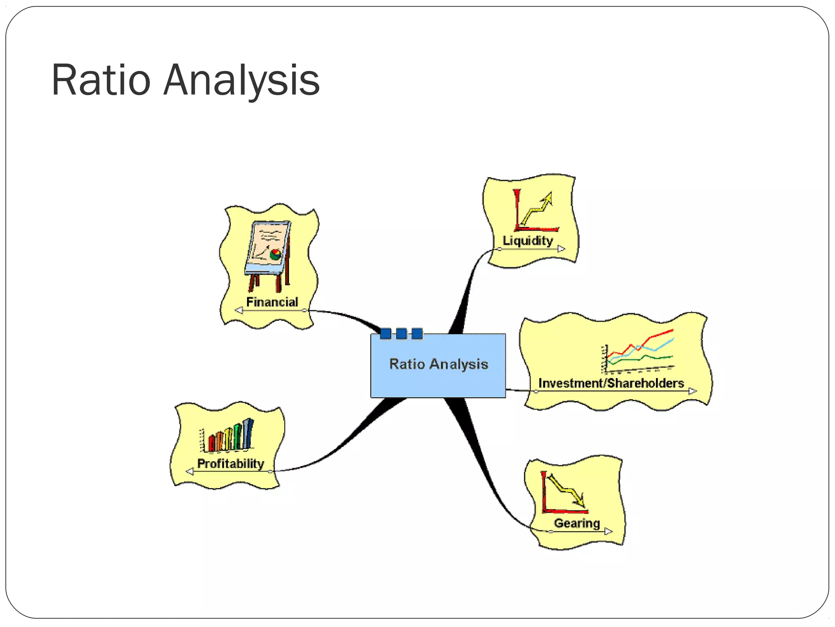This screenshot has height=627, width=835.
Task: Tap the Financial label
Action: click(x=272, y=302)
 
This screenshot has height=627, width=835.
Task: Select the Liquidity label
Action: click(x=528, y=240)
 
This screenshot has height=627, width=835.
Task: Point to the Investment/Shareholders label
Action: click(x=611, y=383)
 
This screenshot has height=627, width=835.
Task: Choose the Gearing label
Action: click(x=577, y=523)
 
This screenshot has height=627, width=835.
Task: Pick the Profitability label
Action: click(x=230, y=463)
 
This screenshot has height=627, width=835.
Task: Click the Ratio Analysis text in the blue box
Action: click(x=438, y=364)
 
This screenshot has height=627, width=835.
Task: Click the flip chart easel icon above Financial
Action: click(x=268, y=255)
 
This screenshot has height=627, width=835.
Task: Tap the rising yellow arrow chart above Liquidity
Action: click(x=536, y=210)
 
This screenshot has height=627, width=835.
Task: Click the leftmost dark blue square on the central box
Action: click(x=385, y=334)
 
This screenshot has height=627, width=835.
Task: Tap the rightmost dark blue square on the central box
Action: click(x=417, y=334)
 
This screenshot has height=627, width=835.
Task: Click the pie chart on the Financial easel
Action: click(x=276, y=254)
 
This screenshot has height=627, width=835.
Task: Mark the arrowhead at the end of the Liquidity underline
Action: click(x=561, y=249)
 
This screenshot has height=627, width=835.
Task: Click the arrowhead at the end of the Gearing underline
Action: click(x=608, y=531)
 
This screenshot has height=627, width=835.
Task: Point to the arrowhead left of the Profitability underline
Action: click(x=190, y=471)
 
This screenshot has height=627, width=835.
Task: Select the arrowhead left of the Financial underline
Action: click(x=239, y=311)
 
